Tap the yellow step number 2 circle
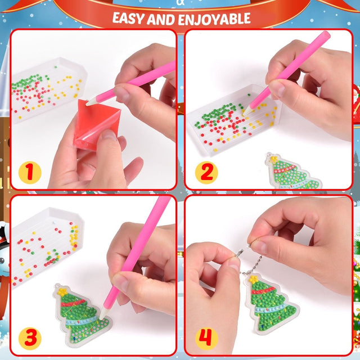coord(206,171)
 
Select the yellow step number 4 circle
coord(206,337)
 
